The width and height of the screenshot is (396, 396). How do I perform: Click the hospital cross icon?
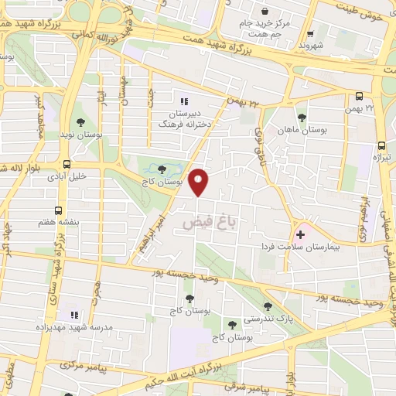[x=300, y=234]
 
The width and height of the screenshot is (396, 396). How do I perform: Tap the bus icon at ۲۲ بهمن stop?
[x=359, y=97]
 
